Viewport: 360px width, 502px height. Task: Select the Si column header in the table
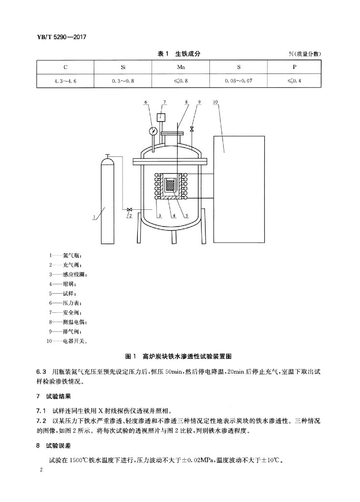(x=123, y=67)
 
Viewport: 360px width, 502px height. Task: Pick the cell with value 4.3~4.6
(x=65, y=81)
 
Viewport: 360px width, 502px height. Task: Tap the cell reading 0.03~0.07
(x=238, y=81)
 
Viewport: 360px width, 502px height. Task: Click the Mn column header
(x=181, y=67)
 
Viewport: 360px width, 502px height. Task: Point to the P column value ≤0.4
(x=294, y=81)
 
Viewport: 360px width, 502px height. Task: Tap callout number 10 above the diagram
(x=215, y=102)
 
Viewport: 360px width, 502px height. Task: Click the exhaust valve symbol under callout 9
(x=192, y=129)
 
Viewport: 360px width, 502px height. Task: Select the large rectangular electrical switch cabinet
(x=239, y=189)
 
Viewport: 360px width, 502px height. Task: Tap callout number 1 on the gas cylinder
(x=94, y=217)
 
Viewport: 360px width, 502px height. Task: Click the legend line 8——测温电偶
(x=68, y=322)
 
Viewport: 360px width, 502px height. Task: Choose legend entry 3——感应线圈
(x=68, y=275)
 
